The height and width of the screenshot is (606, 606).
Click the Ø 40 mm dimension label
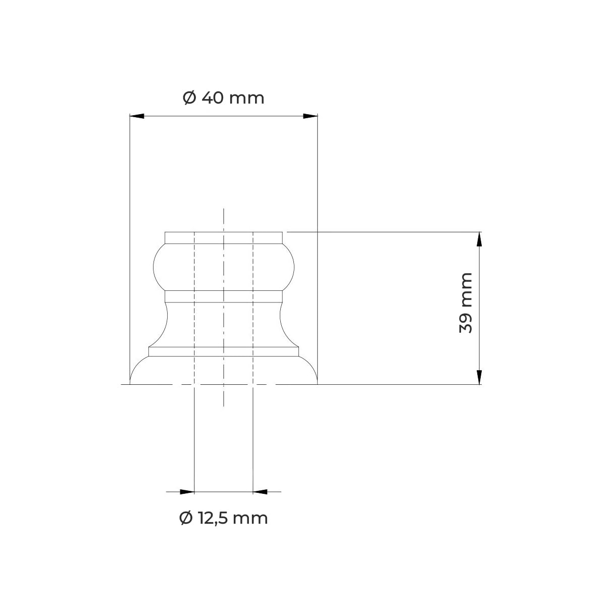[223, 98]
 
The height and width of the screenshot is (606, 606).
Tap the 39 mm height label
[466, 303]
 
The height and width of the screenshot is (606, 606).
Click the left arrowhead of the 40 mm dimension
[137, 116]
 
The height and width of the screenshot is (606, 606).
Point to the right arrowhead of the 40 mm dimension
[311, 116]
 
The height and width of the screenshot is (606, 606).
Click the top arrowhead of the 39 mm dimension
[479, 239]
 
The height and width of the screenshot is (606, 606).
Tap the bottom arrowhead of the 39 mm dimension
[479, 377]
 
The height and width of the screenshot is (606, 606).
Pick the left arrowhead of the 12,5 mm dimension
[187, 492]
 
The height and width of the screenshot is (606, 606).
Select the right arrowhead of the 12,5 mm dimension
[260, 492]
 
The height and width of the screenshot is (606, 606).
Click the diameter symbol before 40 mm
[189, 98]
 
